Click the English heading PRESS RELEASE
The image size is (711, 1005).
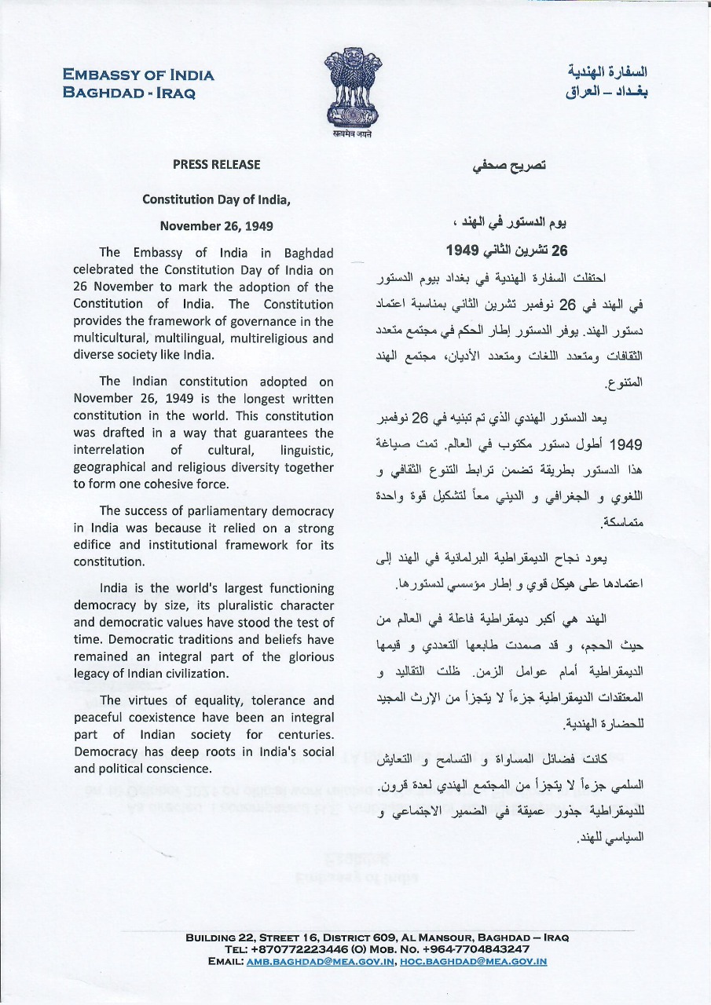[x=216, y=165]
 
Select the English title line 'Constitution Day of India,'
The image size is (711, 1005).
[x=216, y=199]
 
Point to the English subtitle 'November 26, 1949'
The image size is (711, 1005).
[x=216, y=226]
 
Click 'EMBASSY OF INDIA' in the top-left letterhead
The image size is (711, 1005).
[x=138, y=75]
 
